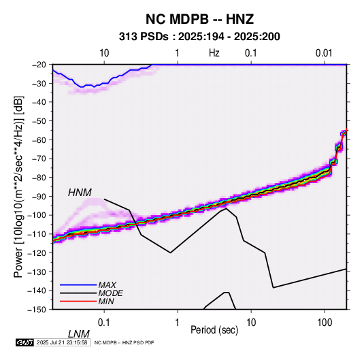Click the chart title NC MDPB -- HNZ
[x=199, y=19]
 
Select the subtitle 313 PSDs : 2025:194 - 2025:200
[x=199, y=37]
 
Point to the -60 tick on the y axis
[x=39, y=140]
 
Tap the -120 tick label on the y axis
[x=37, y=252]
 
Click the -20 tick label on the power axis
[x=39, y=65]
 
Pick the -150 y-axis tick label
[x=37, y=309]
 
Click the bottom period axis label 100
[x=325, y=322]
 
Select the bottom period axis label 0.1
[x=104, y=322]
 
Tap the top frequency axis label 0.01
[x=324, y=53]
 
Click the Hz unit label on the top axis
[x=214, y=53]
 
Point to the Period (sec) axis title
[x=214, y=330]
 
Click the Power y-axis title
[x=18, y=186]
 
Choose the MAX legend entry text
[x=107, y=285]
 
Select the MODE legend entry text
[x=110, y=293]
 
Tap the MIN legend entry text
[x=106, y=301]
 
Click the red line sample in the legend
[x=78, y=301]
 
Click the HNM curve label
[x=80, y=193]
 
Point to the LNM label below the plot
[x=79, y=334]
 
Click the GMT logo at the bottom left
[x=25, y=342]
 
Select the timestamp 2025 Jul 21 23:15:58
[x=62, y=342]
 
